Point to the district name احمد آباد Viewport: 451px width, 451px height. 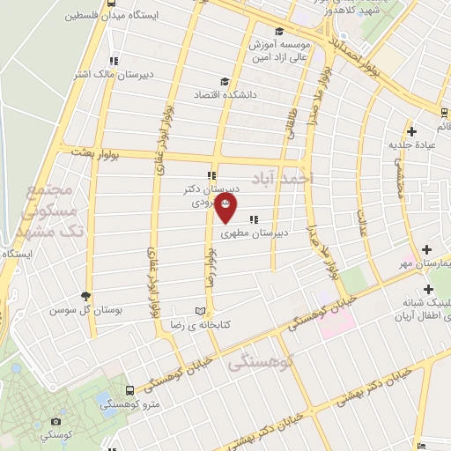[x=283, y=179]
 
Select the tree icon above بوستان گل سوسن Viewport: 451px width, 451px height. [x=85, y=297]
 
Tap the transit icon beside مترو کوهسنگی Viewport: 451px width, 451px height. [x=130, y=390]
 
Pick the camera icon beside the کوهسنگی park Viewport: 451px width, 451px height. [x=56, y=423]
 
